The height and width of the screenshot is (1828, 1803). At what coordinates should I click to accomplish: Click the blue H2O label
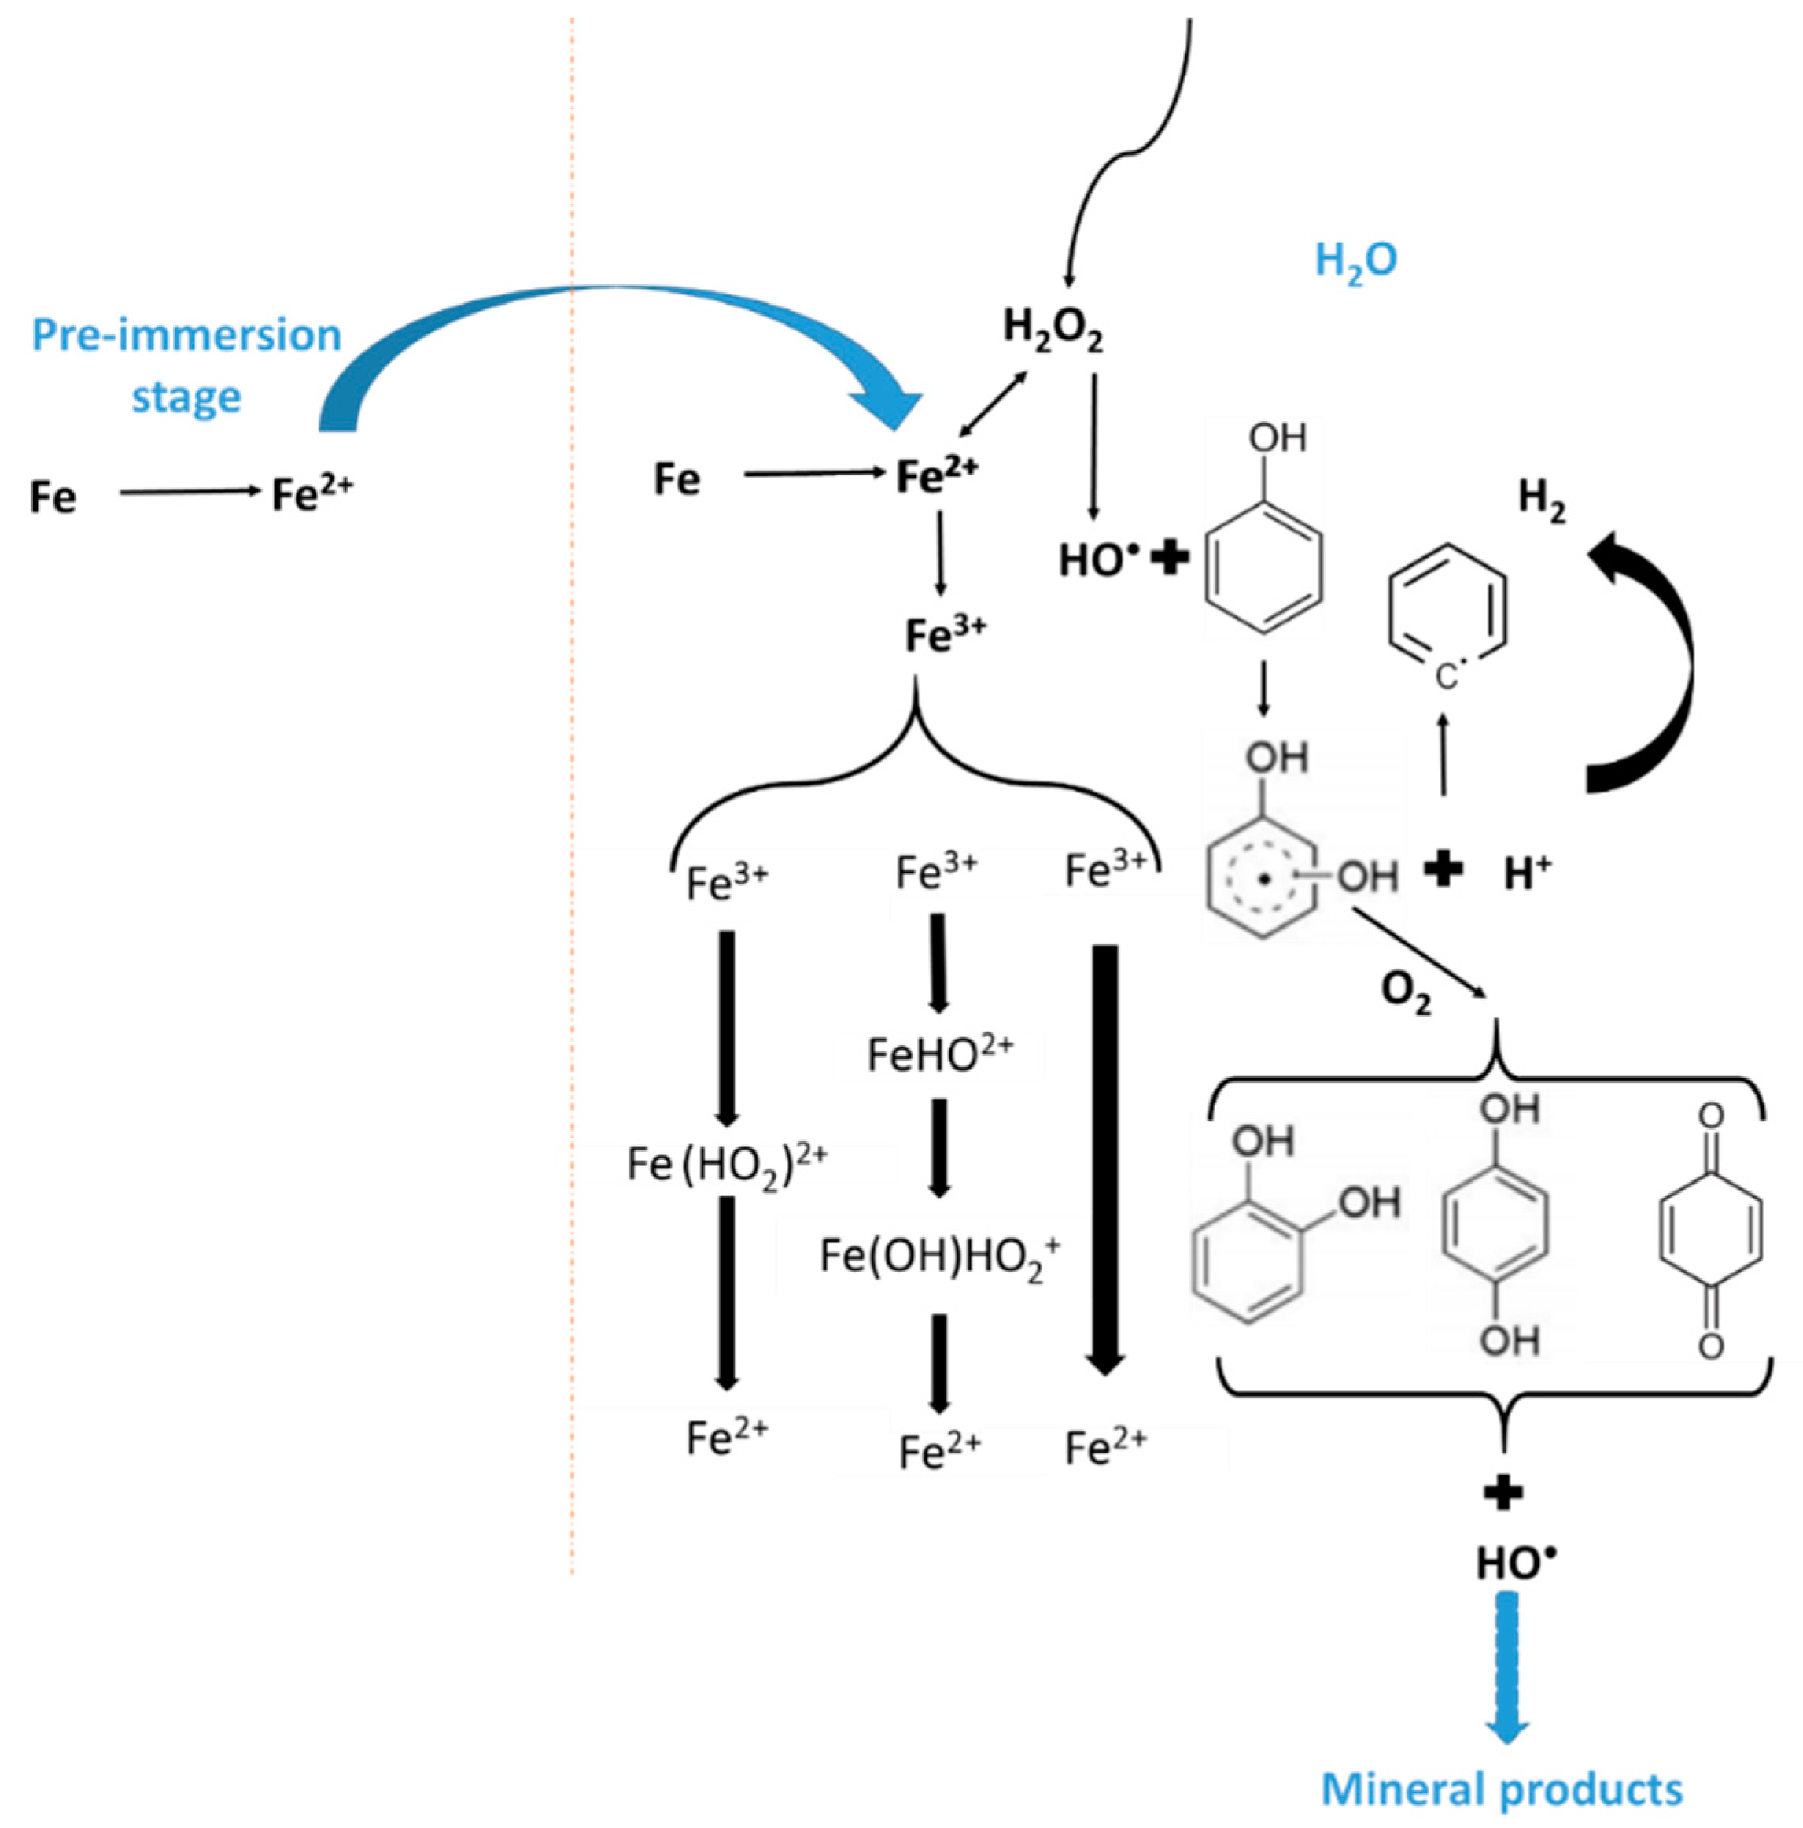(1355, 261)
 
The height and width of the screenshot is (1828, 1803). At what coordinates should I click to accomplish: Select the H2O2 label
(1052, 331)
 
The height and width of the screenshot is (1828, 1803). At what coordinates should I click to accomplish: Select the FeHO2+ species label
(939, 1053)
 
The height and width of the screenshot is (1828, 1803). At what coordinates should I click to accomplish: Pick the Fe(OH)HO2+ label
(939, 1257)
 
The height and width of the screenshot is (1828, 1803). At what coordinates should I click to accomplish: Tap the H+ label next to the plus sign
(1527, 873)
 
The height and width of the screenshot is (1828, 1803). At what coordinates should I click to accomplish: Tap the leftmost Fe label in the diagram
(52, 497)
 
